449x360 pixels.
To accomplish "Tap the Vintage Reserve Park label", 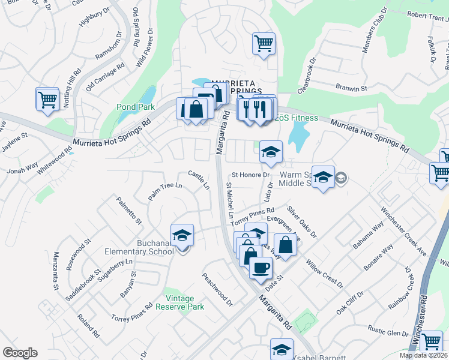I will point(180,302).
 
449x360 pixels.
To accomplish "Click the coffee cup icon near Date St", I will point(261,268).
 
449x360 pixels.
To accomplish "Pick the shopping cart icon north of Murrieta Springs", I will point(264,44).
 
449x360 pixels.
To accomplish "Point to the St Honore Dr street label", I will point(248,175).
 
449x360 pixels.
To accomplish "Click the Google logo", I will point(20,353).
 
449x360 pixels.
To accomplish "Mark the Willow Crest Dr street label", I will point(324,272).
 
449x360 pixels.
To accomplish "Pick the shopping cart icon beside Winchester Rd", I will point(431,341).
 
